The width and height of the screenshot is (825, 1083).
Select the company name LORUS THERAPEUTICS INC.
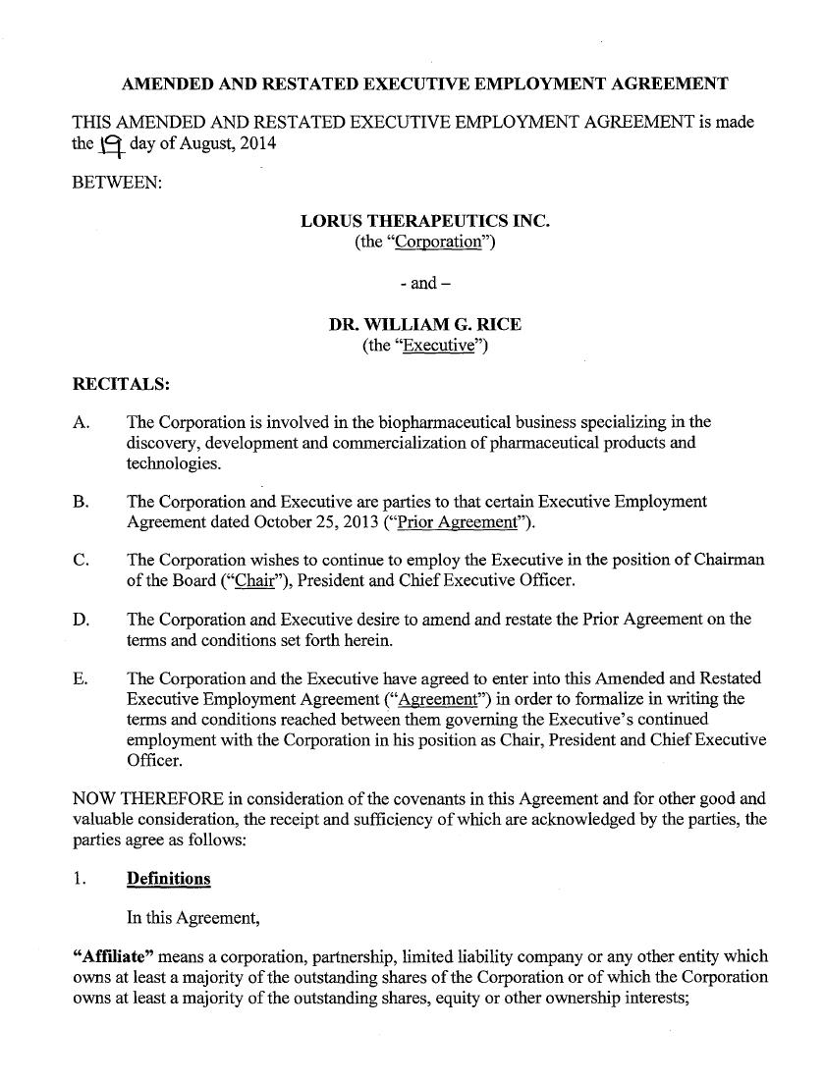pos(424,221)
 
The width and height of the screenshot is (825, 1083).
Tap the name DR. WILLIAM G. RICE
pos(424,324)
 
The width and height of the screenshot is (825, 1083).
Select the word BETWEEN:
pos(117,183)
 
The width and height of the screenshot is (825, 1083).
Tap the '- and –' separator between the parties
pos(424,283)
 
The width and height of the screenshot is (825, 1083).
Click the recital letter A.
pos(82,422)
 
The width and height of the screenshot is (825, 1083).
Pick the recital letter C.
pos(82,560)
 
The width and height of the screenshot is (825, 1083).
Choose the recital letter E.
pos(81,678)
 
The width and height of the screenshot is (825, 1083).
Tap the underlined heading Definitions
pos(168,878)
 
